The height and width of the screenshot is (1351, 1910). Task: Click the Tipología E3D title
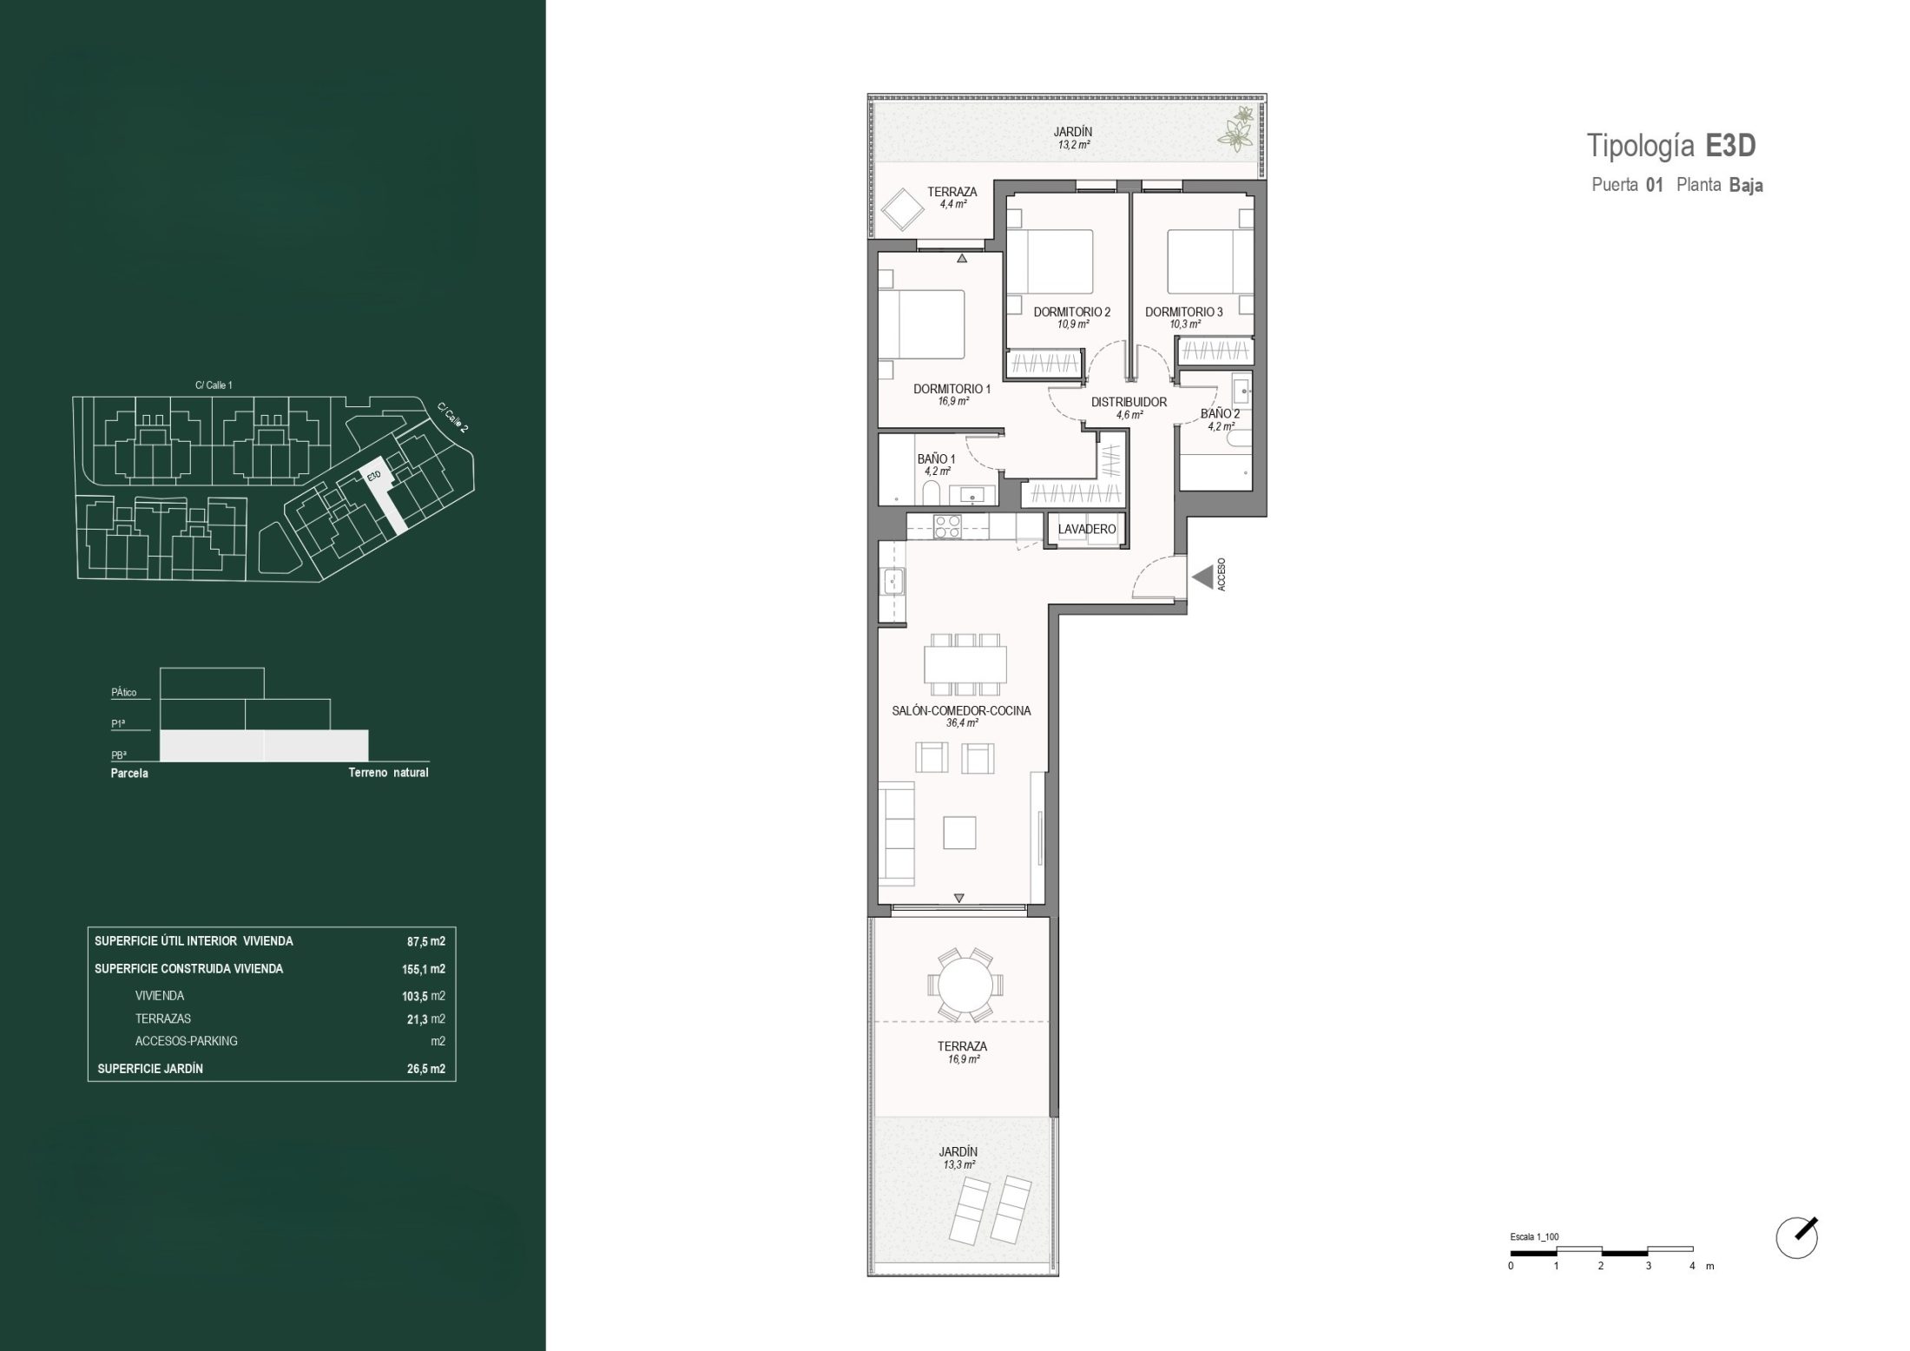click(1671, 146)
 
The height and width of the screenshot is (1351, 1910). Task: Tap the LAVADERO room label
click(1086, 529)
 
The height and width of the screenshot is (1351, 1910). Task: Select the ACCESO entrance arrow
click(1202, 577)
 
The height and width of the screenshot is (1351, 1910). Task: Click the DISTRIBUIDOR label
click(1129, 402)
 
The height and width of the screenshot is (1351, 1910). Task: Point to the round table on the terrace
click(965, 985)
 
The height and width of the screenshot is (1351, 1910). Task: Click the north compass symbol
click(1797, 1237)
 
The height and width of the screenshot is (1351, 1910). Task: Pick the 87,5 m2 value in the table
click(425, 941)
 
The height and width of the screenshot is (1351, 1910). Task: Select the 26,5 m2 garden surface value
click(425, 1069)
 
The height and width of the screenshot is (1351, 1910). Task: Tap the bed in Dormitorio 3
click(1202, 260)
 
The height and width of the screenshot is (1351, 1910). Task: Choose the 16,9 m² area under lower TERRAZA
click(964, 1059)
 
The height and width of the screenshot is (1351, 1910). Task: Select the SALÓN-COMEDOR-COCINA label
click(961, 710)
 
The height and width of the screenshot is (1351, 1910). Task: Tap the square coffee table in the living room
click(959, 833)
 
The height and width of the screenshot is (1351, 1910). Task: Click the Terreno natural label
click(388, 773)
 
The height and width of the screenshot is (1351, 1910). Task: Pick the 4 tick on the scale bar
click(1692, 1266)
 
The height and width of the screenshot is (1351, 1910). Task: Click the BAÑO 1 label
click(936, 458)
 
